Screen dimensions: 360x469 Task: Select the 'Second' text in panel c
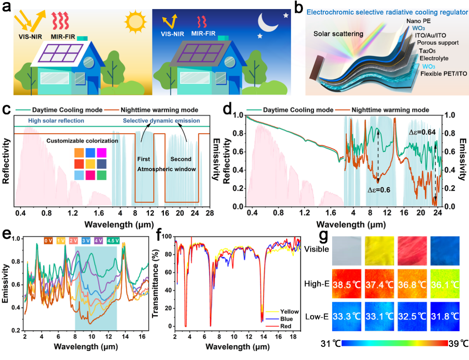[181, 159]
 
